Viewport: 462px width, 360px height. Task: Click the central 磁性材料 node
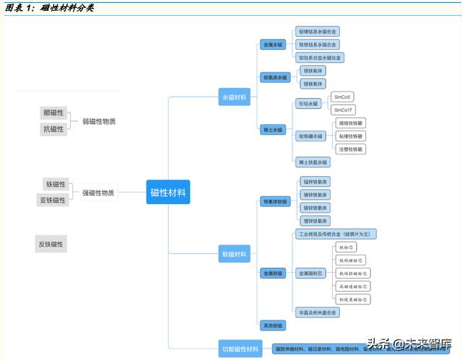coord(167,193)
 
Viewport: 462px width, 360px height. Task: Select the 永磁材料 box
coord(235,97)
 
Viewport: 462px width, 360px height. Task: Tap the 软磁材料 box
coord(235,253)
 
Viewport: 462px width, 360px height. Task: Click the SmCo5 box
coord(343,97)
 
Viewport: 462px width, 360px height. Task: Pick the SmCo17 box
coord(344,110)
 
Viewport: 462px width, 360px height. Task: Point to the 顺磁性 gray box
coord(53,113)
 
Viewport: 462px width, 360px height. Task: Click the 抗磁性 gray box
coord(53,129)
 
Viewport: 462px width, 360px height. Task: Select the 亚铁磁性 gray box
coord(53,200)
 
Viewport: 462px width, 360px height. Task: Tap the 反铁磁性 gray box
coord(51,245)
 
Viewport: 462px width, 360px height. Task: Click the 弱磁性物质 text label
coord(99,121)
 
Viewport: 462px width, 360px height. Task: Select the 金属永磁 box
coord(272,45)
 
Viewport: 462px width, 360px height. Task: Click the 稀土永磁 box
coord(273,130)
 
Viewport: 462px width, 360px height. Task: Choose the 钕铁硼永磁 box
coord(311,136)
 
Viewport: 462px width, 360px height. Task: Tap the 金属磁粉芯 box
coord(311,273)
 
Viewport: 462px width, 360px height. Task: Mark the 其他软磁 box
coord(273,325)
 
